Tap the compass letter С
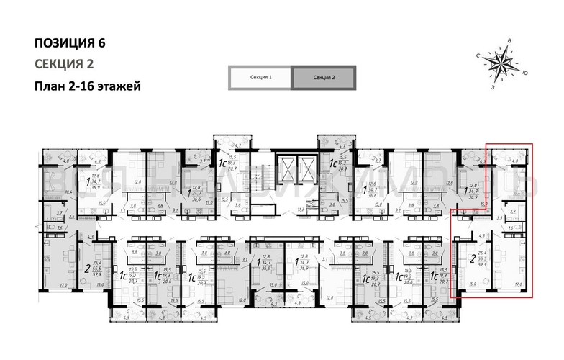477,55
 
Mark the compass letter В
509,40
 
